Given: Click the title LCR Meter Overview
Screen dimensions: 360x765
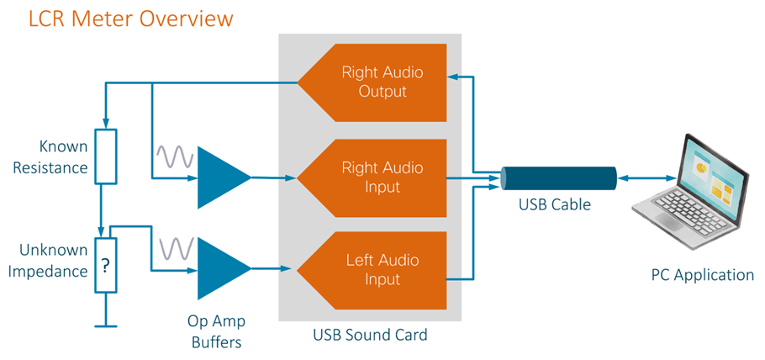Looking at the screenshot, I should point(130,18).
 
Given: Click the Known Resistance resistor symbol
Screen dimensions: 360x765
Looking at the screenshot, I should point(104,157).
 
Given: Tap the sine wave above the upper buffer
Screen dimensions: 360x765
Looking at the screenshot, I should point(175,156).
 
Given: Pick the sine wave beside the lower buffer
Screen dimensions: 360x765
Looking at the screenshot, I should point(175,248).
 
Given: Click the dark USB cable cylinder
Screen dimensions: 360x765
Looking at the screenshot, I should point(558,178).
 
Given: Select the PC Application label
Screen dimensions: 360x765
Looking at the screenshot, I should point(703,274).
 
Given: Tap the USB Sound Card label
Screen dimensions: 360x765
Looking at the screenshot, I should point(370,335).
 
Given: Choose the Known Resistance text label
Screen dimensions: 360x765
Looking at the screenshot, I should point(53,157).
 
